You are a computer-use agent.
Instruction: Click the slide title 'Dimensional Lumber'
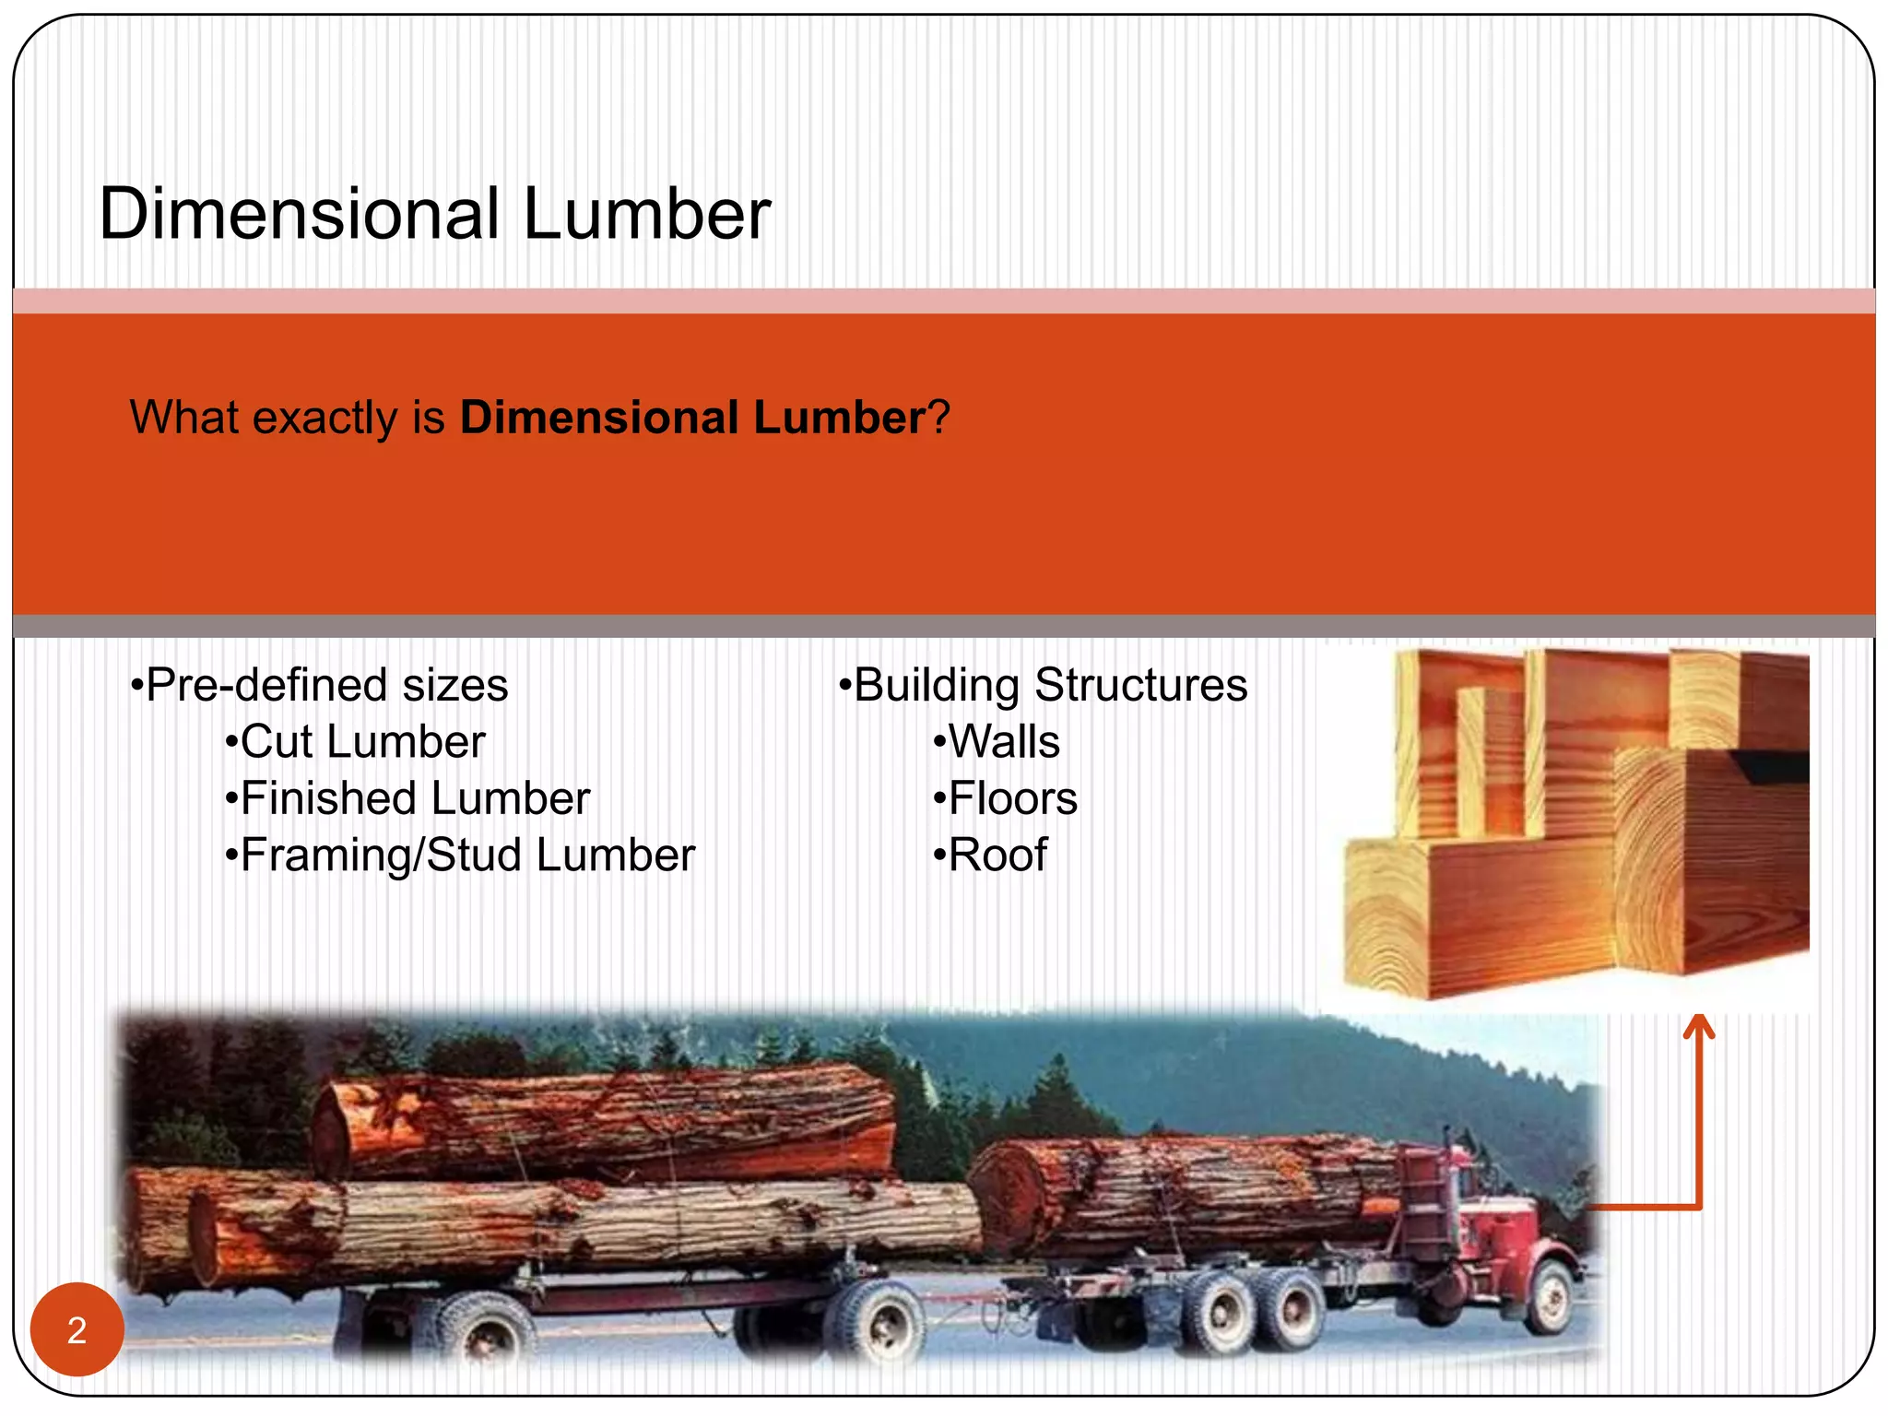(434, 214)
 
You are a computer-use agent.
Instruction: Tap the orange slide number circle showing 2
(77, 1329)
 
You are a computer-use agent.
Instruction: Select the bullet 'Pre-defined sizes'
(320, 685)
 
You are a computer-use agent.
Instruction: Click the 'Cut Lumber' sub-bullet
(356, 742)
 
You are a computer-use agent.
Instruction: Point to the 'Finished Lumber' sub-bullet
(407, 798)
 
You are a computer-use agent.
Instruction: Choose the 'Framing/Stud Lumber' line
(460, 855)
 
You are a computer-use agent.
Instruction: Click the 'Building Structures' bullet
(1044, 685)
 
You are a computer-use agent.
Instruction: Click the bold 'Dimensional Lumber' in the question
(692, 418)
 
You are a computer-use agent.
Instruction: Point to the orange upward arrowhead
(1698, 1027)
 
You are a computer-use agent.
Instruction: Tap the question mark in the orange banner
(938, 418)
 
